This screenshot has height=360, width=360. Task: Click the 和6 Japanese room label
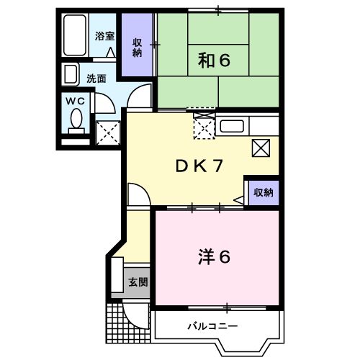pyautogui.click(x=213, y=61)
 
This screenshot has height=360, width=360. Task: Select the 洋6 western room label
pyautogui.click(x=214, y=256)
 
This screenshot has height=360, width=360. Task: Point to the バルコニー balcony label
pyautogui.click(x=213, y=325)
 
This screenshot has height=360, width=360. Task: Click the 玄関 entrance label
pyautogui.click(x=138, y=282)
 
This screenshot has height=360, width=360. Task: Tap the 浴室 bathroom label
pyautogui.click(x=105, y=36)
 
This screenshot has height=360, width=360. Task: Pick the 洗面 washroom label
pyautogui.click(x=96, y=77)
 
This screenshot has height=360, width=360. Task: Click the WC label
pyautogui.click(x=76, y=102)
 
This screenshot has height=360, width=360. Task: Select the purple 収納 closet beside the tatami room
pyautogui.click(x=138, y=47)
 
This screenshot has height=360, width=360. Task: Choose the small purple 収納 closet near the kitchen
pyautogui.click(x=263, y=192)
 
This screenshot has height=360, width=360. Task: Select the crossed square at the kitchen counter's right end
pyautogui.click(x=261, y=148)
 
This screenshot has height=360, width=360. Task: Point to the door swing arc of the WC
pyautogui.click(x=102, y=102)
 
